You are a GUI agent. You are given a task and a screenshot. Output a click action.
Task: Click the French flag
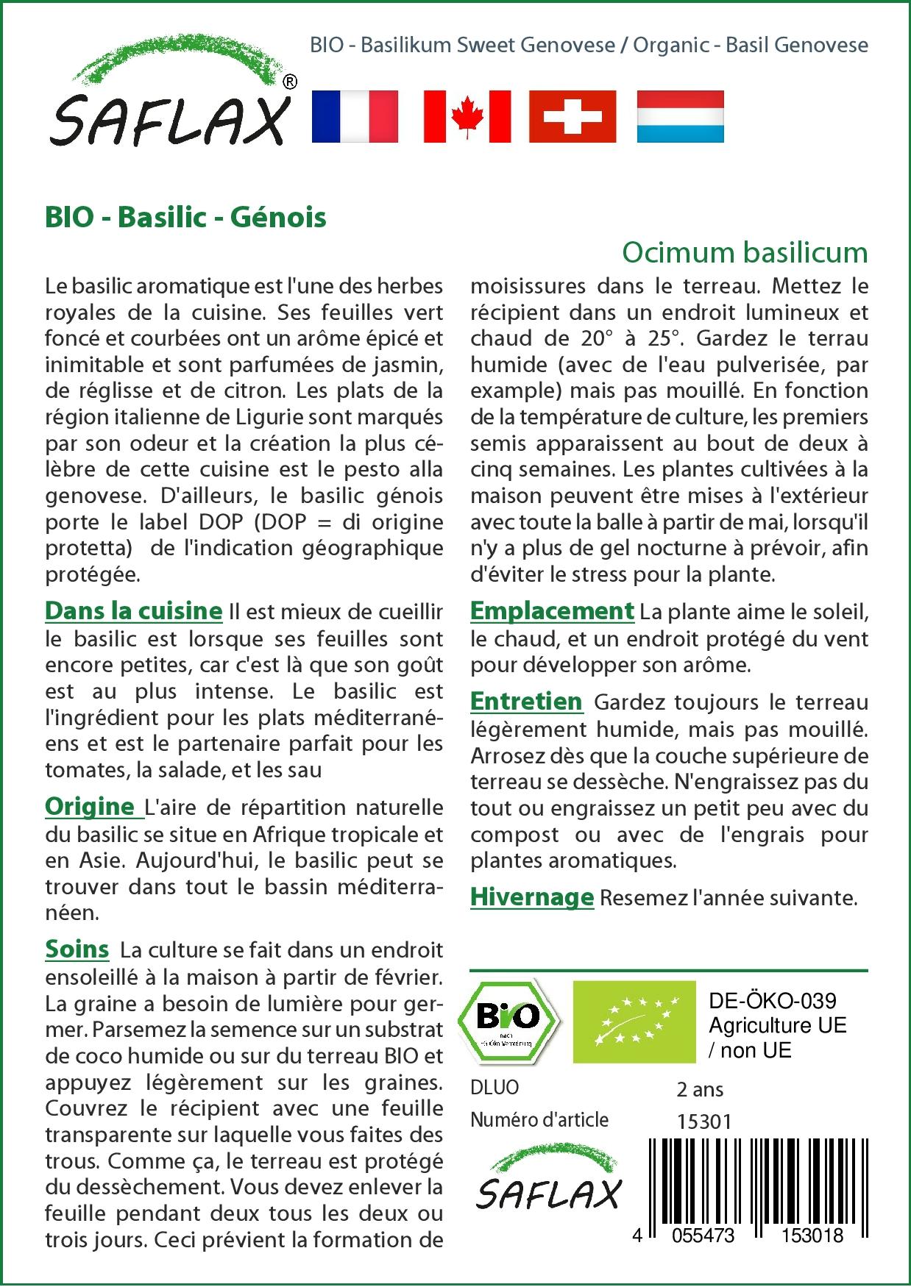click(x=355, y=116)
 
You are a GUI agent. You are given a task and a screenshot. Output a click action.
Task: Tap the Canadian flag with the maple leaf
click(x=467, y=116)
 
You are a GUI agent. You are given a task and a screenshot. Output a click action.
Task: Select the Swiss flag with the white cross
click(x=573, y=116)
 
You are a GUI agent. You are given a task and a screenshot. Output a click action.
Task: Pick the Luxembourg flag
click(x=680, y=116)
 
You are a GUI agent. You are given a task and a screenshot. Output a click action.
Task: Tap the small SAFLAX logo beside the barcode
click(x=548, y=1176)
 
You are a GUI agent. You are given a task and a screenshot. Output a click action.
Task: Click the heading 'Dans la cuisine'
click(x=133, y=610)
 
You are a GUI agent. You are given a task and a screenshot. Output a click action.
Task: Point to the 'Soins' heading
click(x=77, y=949)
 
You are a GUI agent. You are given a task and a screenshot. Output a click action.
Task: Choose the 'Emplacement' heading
click(x=551, y=610)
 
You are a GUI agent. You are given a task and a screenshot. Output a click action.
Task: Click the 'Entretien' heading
click(x=526, y=701)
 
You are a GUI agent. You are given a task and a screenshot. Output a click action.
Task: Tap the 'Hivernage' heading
click(x=531, y=896)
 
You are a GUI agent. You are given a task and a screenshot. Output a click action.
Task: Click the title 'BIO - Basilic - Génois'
click(x=185, y=218)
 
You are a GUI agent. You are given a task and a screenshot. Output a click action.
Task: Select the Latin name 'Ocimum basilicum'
click(x=745, y=252)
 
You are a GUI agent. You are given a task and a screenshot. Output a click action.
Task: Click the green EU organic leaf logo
click(x=634, y=1022)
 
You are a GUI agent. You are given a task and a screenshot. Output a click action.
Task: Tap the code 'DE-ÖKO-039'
click(x=772, y=1001)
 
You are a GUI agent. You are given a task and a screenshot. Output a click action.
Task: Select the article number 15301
click(x=703, y=1122)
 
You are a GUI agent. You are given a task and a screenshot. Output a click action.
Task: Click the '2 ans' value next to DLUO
click(x=700, y=1089)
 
